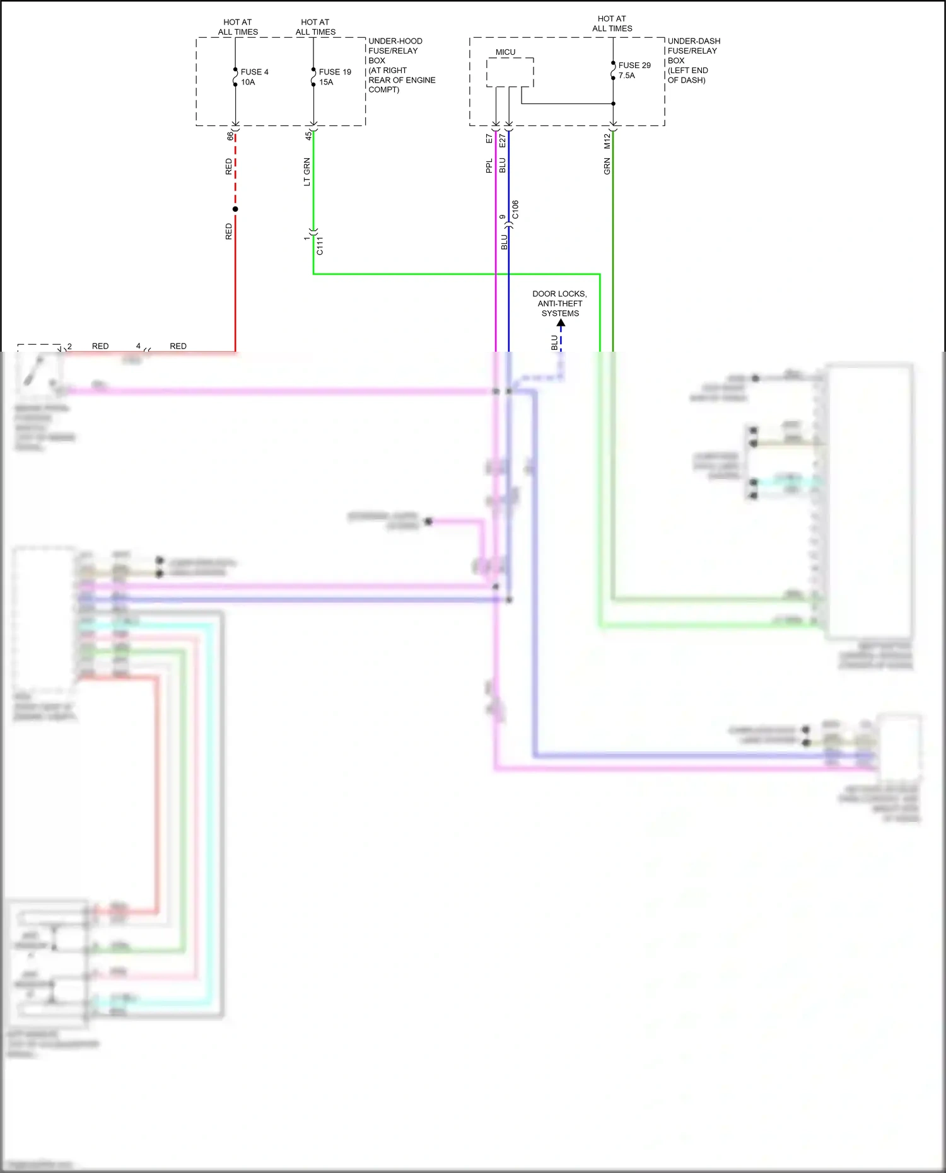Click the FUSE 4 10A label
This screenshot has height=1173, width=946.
pos(254,77)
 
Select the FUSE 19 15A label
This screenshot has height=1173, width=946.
pos(334,77)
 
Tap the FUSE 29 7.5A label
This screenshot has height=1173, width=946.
pos(634,70)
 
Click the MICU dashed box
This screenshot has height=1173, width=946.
pos(510,72)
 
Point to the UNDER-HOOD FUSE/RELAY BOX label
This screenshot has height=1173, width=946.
pos(401,65)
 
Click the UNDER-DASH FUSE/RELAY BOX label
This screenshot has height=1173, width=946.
pos(693,61)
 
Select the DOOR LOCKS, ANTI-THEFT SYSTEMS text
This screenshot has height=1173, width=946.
pos(559,303)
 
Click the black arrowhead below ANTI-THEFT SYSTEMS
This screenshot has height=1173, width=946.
pos(561,323)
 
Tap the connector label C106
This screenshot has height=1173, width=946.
pos(515,210)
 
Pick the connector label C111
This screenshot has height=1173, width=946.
pos(320,246)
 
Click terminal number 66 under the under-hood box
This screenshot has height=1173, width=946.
pos(230,136)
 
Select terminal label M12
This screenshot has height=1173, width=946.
pos(607,141)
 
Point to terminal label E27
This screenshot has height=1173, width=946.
pos(503,141)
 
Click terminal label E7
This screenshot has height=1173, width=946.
pos(489,139)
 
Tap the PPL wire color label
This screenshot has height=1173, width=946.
pos(489,166)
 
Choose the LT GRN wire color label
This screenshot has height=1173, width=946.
pos(307,171)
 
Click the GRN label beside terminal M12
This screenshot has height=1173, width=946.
pos(607,166)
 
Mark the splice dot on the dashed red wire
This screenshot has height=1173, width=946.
pos(235,209)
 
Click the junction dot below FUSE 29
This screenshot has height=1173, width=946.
pos(613,104)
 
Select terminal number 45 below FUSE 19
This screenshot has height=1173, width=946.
pos(308,136)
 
